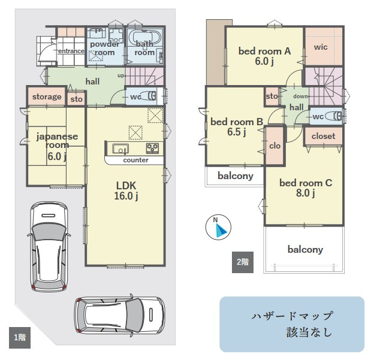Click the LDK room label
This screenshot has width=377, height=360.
point(126,186)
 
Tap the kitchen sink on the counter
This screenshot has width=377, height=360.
point(120,149)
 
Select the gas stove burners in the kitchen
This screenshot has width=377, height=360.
point(152,149)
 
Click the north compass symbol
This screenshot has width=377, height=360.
point(218,228)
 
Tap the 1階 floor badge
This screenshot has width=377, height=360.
point(20,338)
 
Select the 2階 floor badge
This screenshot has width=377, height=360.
point(243,262)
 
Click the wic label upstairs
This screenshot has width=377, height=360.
point(321,47)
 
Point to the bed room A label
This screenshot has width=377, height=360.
point(264,51)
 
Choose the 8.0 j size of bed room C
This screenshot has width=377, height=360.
point(305,193)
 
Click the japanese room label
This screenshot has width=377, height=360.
point(57,141)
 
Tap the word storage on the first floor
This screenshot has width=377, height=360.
point(47,97)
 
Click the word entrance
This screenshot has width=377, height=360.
point(71,51)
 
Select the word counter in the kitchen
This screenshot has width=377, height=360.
point(135,160)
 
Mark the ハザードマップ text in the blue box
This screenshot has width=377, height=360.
point(292,316)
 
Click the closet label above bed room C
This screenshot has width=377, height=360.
point(324,136)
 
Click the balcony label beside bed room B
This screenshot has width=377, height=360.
point(236,176)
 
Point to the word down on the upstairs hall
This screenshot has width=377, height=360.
point(300,96)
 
